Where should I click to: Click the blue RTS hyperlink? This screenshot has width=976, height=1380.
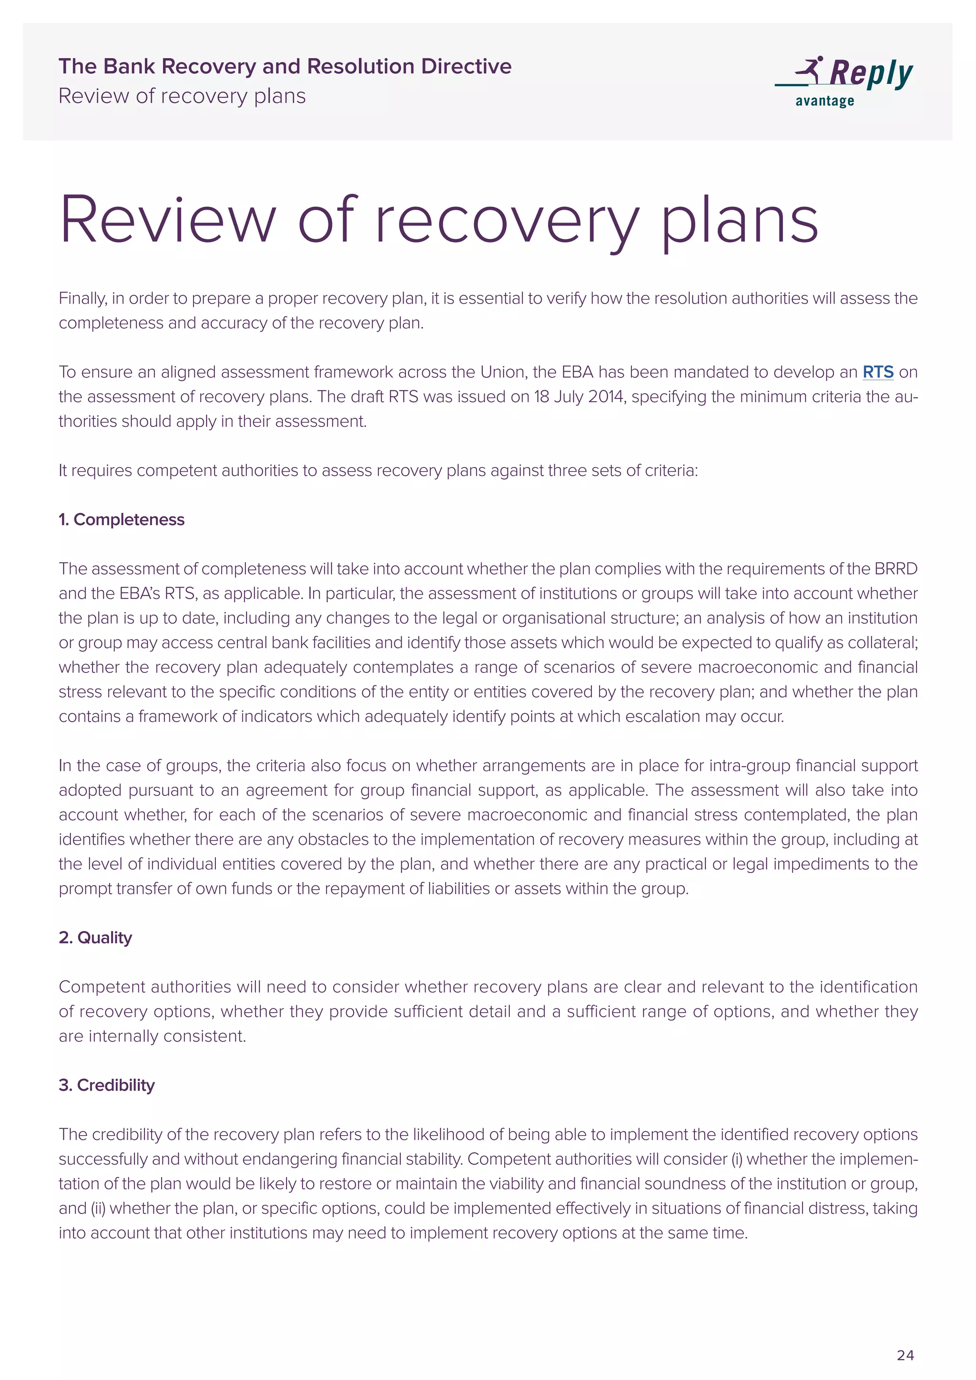click(x=877, y=372)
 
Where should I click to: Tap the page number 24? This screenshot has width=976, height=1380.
click(x=905, y=1355)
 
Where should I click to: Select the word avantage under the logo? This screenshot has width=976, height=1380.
click(x=824, y=101)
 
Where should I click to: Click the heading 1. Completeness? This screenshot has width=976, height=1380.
click(x=122, y=519)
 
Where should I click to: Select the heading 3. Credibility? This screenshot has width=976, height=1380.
click(x=106, y=1085)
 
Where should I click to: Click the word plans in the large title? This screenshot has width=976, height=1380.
click(x=739, y=220)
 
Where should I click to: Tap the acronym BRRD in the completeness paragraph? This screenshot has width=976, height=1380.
click(x=895, y=568)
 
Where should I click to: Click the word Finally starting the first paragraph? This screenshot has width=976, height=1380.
click(x=82, y=299)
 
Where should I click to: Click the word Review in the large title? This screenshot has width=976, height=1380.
click(x=168, y=220)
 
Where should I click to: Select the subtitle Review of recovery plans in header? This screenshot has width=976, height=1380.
click(x=182, y=96)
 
